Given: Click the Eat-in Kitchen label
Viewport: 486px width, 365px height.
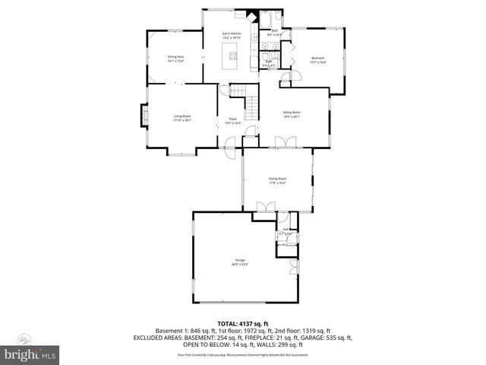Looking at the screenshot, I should [x=231, y=33].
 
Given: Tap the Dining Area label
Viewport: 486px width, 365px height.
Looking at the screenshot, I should [x=175, y=56].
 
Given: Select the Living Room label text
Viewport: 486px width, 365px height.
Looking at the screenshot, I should [x=182, y=116].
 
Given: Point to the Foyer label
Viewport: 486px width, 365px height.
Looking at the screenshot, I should [x=233, y=118].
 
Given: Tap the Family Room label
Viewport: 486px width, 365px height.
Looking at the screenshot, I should [x=277, y=179].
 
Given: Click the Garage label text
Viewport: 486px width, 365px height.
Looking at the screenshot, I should [x=240, y=260].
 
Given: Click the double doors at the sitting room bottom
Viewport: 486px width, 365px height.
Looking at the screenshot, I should [x=284, y=143].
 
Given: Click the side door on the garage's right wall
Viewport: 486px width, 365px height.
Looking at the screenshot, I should [x=294, y=266].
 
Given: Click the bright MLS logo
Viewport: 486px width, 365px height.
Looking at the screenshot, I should [x=30, y=354].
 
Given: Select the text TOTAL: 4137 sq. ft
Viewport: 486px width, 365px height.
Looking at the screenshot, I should [x=242, y=323].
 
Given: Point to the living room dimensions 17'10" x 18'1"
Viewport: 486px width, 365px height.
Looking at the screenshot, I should [x=182, y=120].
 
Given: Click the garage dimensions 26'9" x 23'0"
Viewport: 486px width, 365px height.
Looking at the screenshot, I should [x=240, y=265].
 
